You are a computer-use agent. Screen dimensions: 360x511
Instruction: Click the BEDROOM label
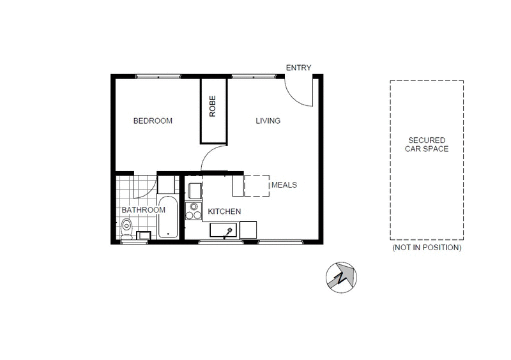[153, 121]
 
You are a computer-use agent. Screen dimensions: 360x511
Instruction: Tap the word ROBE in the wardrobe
[213, 107]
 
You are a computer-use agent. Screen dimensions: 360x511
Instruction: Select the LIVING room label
[268, 121]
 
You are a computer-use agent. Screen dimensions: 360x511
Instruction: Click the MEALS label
[284, 185]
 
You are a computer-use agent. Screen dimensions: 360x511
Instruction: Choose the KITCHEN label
[224, 211]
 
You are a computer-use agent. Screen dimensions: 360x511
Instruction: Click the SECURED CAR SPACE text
[427, 144]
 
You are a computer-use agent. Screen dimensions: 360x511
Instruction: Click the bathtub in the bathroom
[168, 217]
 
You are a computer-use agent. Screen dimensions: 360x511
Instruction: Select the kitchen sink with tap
[225, 230]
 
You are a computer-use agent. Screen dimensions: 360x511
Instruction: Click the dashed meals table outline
[257, 185]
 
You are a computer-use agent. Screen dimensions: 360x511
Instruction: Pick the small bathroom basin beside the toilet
[145, 235]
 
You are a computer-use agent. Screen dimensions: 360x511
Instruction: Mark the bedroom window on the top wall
[158, 77]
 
